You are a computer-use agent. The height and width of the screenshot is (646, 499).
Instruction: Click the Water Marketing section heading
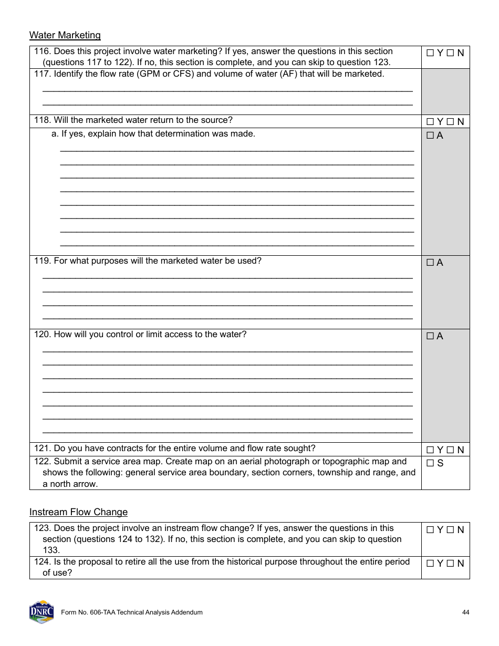(65, 35)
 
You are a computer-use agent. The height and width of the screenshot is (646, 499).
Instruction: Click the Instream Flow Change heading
(78, 512)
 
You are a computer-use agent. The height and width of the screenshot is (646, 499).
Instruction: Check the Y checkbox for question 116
(430, 53)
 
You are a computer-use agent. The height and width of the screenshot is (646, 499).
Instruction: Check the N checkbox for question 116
(450, 53)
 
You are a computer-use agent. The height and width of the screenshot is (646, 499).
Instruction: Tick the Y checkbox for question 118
(430, 122)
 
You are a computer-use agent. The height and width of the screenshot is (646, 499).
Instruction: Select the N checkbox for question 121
(450, 450)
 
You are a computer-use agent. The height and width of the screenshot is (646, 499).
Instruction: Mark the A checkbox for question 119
(430, 263)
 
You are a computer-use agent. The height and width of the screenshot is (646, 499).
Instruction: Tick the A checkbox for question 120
(430, 336)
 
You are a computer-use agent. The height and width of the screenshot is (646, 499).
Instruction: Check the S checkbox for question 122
(430, 463)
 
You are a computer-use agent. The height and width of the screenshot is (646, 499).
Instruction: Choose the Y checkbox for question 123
(430, 530)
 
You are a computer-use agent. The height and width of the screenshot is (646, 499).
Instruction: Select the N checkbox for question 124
(450, 564)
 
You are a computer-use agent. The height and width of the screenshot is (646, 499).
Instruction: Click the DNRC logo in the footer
(41, 612)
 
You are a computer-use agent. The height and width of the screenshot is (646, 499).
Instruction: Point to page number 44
(466, 612)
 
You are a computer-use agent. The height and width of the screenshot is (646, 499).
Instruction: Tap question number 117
(42, 74)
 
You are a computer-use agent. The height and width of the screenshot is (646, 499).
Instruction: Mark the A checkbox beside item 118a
(430, 136)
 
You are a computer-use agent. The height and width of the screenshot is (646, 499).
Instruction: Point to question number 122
(42, 462)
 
